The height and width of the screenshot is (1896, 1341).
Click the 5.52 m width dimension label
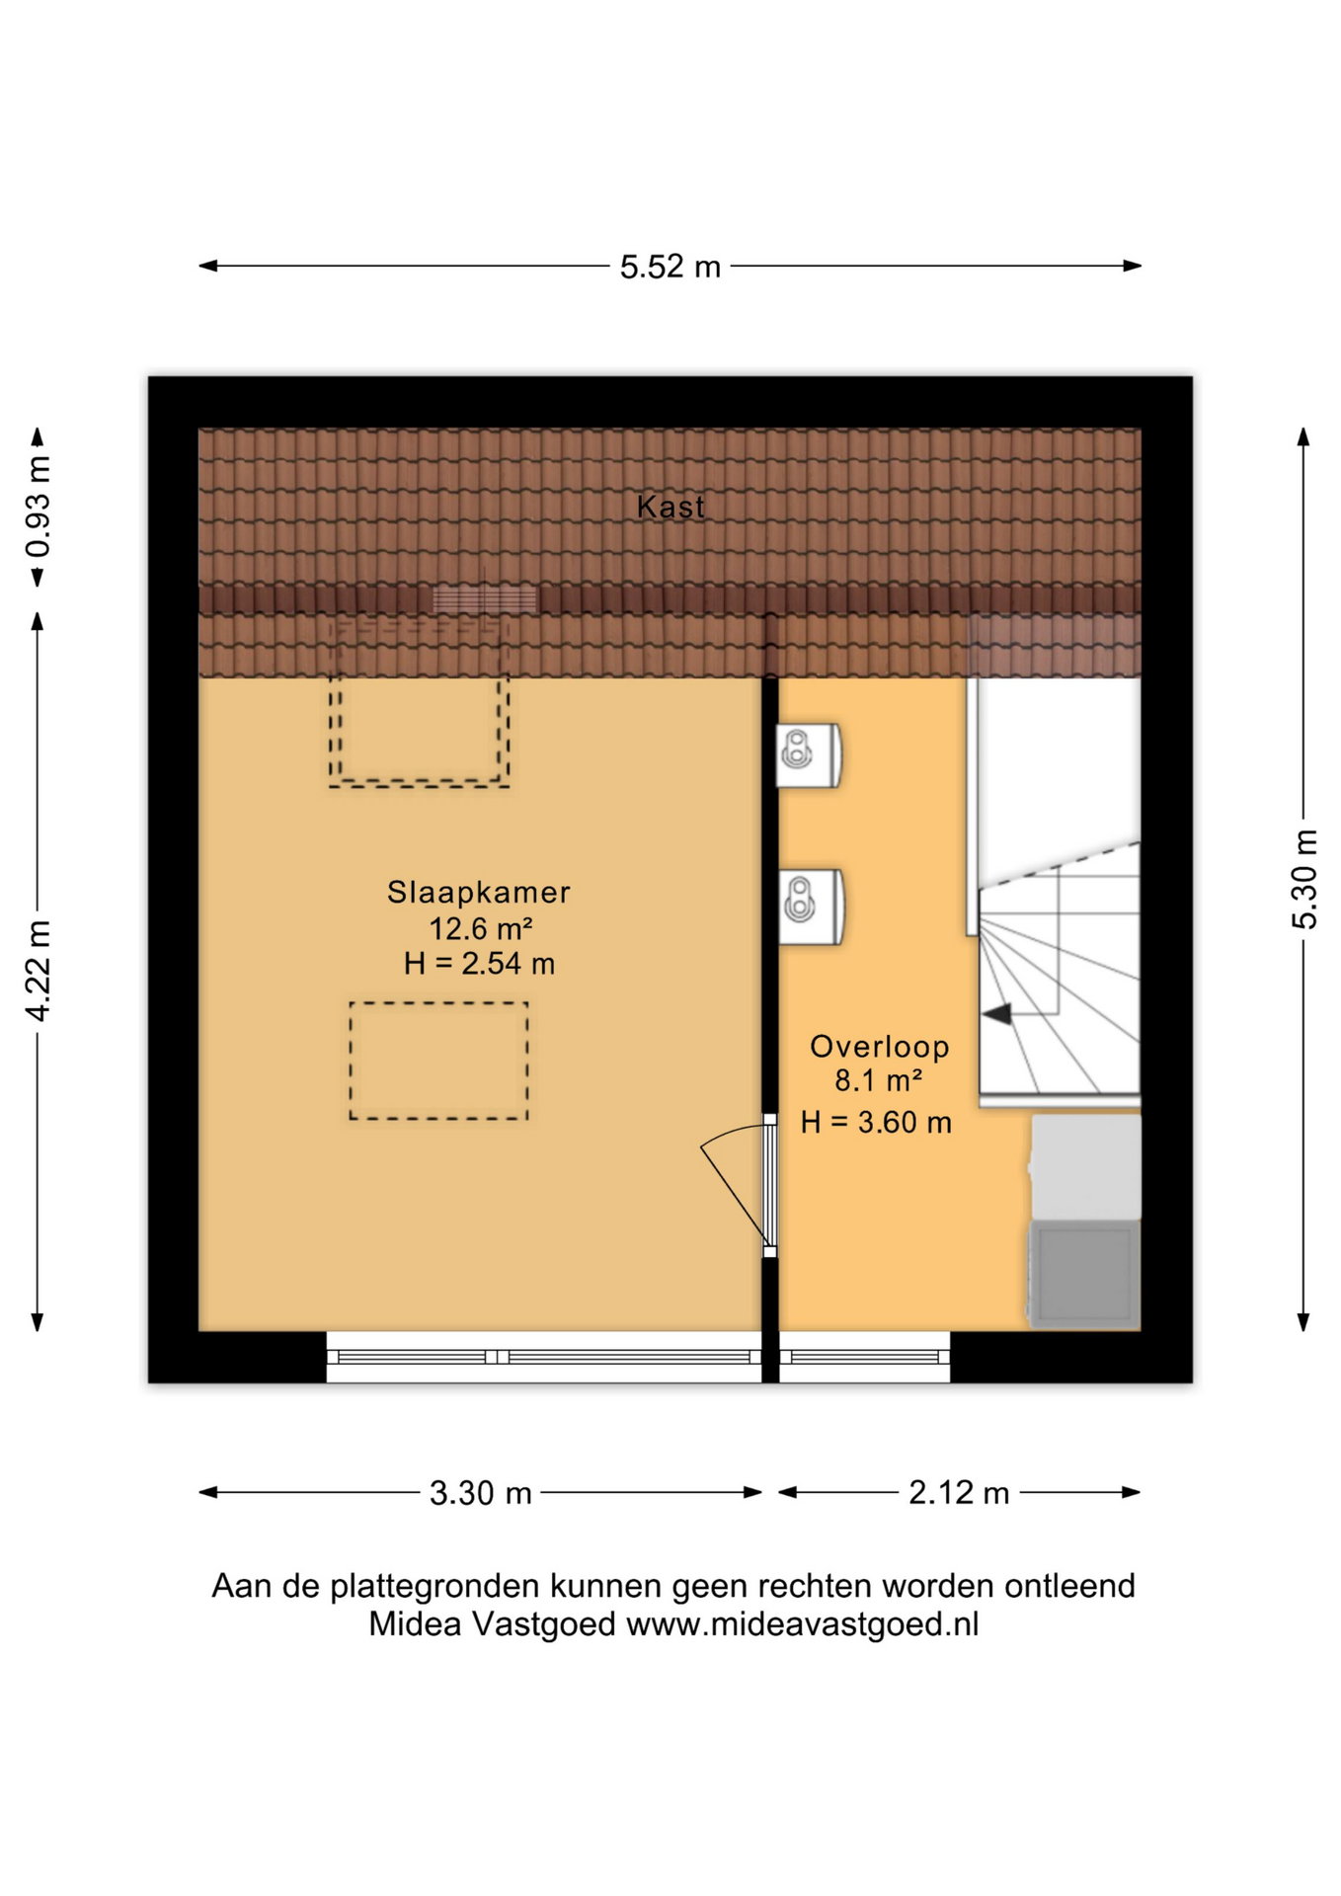pos(670,267)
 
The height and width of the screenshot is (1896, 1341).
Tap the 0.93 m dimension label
pos(38,507)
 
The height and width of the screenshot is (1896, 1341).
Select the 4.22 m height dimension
pos(38,970)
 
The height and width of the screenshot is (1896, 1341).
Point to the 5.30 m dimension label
pos(1303,879)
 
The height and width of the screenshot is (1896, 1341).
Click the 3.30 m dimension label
pos(480,1492)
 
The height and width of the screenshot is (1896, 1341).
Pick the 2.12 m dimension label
pos(959,1492)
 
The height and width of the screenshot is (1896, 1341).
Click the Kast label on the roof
pos(670,507)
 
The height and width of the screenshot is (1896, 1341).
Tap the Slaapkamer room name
pos(479,892)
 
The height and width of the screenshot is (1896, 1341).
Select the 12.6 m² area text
pos(481,928)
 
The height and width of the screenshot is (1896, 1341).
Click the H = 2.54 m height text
pos(479,964)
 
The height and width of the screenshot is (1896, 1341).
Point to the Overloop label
pos(879,1046)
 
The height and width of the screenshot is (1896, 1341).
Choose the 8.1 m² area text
pos(879,1080)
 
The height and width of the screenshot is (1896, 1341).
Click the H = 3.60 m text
pos(876,1122)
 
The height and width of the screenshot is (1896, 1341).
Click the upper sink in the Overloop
pos(809,755)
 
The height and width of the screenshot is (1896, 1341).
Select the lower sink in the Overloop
pos(810,907)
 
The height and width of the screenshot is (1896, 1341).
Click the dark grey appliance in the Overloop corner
pos(1084,1274)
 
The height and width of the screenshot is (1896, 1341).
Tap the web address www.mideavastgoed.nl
pos(802,1624)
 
